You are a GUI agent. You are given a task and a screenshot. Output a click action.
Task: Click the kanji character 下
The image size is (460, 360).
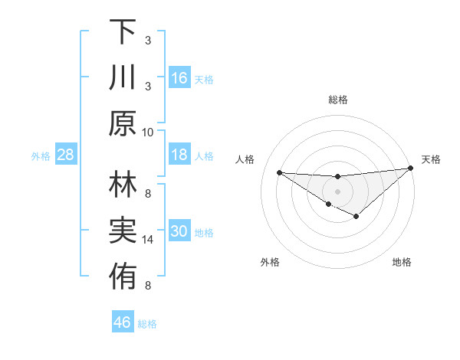point(123,32)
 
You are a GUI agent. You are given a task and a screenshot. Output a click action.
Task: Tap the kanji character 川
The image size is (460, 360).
point(123,77)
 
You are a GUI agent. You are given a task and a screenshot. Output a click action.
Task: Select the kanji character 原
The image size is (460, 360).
point(123,123)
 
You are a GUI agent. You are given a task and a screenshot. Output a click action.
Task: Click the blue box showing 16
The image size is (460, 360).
point(179,77)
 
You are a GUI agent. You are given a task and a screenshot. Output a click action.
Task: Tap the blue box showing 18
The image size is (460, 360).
point(179,155)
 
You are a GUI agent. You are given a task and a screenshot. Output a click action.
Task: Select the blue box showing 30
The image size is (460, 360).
point(179,232)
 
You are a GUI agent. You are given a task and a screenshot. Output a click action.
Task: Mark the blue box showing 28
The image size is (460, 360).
point(65,155)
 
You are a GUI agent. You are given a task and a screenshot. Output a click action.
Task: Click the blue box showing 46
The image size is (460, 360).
point(123,322)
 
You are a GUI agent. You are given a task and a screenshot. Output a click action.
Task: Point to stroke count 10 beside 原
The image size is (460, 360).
point(148,132)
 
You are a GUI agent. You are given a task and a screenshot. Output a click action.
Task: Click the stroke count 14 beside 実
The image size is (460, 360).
point(148,240)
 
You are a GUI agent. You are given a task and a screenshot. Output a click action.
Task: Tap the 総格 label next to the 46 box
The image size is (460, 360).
point(147,324)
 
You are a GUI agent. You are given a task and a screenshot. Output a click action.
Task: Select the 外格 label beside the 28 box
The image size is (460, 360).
point(41,156)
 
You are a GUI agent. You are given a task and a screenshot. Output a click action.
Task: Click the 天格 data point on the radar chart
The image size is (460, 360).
point(411,169)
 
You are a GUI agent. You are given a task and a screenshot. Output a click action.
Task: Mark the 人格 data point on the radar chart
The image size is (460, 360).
point(279,172)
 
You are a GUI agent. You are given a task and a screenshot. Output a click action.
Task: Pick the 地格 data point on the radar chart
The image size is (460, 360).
point(356,217)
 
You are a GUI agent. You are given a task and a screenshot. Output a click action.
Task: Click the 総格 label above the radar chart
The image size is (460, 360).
point(338,100)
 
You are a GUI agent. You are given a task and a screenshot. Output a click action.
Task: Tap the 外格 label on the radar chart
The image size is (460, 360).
point(270,262)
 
